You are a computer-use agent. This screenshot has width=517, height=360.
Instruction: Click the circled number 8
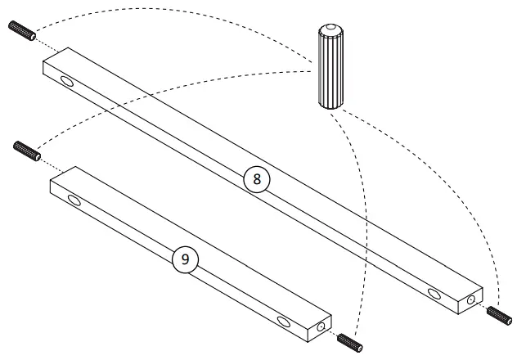point(257,181)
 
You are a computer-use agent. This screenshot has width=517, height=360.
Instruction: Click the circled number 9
point(185,259)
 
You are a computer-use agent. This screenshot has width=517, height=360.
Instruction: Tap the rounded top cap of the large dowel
point(329,30)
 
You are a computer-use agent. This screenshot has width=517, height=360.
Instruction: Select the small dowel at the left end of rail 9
point(27,151)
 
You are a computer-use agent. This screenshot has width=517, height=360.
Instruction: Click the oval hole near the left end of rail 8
point(65,80)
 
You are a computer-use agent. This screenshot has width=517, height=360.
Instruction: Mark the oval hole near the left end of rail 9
point(74,200)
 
